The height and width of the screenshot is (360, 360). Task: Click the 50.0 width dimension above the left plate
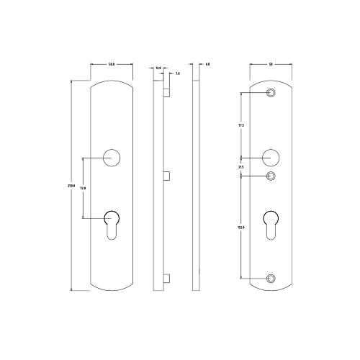coord(112,65)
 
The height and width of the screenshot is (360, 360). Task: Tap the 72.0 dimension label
coord(83,188)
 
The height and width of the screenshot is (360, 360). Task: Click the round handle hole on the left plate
coord(112,158)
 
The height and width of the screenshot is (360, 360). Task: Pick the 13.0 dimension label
coord(158,68)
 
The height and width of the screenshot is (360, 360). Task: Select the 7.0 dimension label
coord(177,73)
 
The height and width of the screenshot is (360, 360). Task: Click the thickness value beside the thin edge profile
coord(207,65)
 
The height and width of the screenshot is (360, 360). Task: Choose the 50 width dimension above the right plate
coord(271,65)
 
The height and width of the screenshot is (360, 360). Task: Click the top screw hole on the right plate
coord(271,94)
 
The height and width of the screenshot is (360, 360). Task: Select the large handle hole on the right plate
coord(271,157)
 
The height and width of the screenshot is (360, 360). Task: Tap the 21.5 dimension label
coord(241,167)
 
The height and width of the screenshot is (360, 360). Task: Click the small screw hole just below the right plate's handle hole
coord(271,176)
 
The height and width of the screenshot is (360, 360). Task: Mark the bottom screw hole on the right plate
coord(271,278)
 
